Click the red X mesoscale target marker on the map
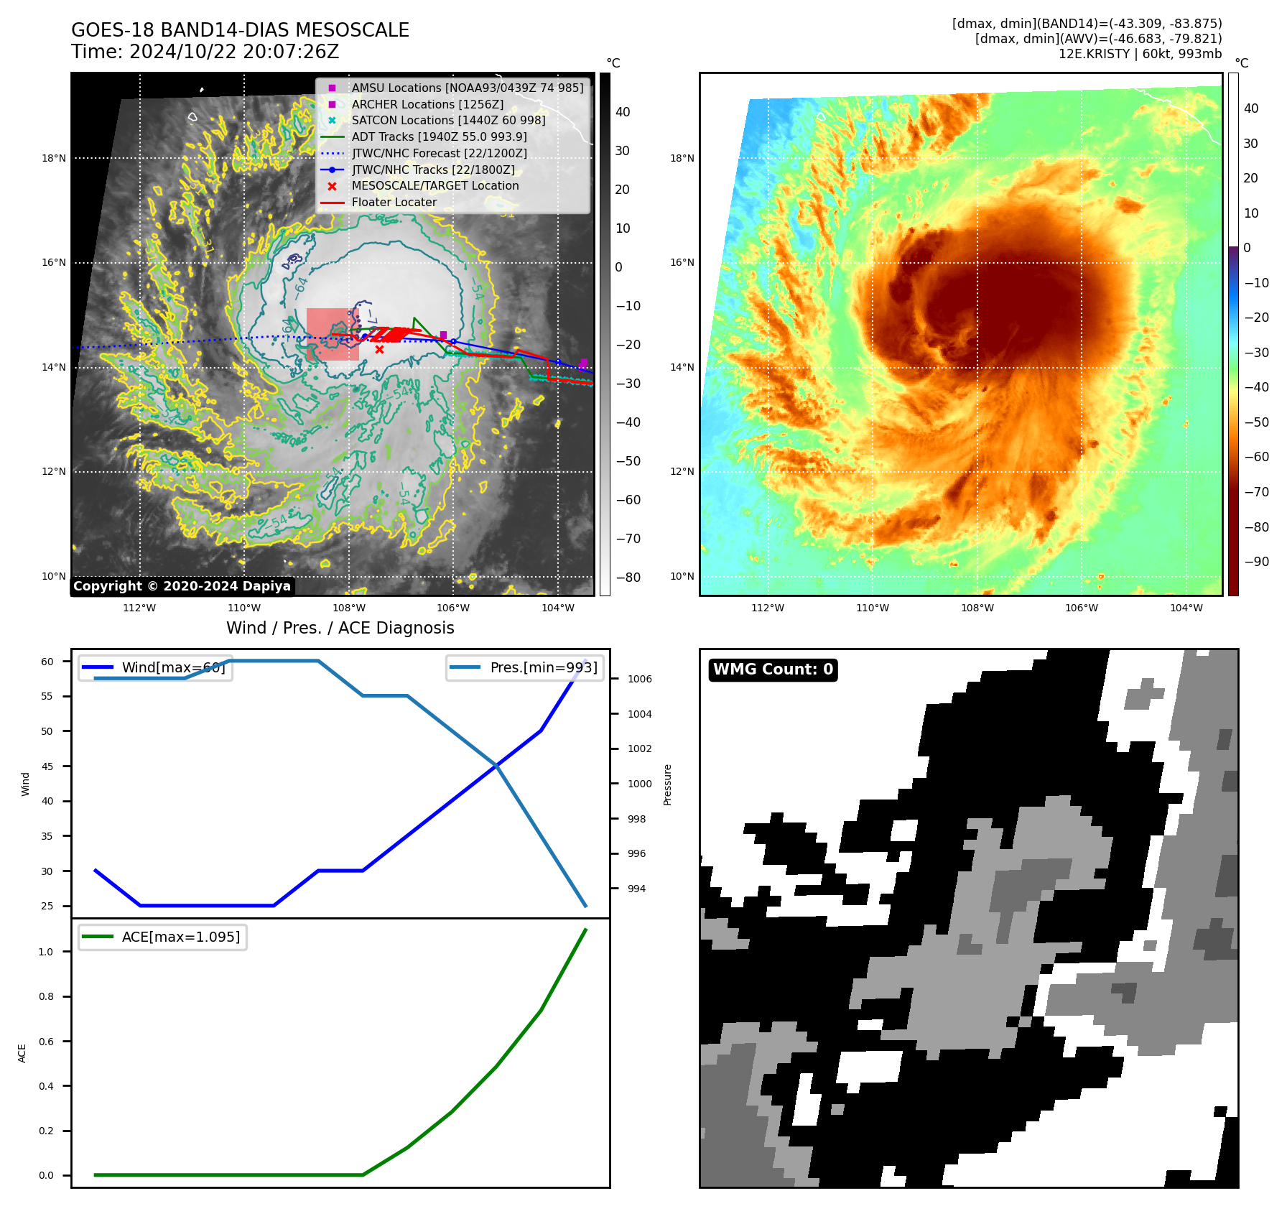pyautogui.click(x=379, y=350)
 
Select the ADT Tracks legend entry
pyautogui.click(x=439, y=136)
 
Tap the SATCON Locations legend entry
pyautogui.click(x=448, y=121)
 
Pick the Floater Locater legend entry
pyautogui.click(x=394, y=203)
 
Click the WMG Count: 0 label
pyautogui.click(x=773, y=669)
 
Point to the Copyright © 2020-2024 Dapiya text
pyautogui.click(x=182, y=586)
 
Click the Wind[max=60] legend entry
pyautogui.click(x=173, y=667)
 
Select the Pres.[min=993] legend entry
pyautogui.click(x=543, y=667)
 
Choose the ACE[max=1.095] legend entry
pyautogui.click(x=180, y=937)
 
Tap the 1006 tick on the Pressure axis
pyautogui.click(x=639, y=679)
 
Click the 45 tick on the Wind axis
pyautogui.click(x=47, y=766)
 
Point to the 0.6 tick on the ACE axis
pyautogui.click(x=46, y=1042)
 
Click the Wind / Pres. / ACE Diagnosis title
pyautogui.click(x=340, y=628)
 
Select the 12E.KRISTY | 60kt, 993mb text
pyautogui.click(x=1140, y=54)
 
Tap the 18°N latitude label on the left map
pyautogui.click(x=54, y=158)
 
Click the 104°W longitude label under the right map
pyautogui.click(x=1186, y=608)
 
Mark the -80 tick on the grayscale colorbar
pyautogui.click(x=628, y=578)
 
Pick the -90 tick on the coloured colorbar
pyautogui.click(x=1256, y=562)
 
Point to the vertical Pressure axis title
pyautogui.click(x=667, y=784)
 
